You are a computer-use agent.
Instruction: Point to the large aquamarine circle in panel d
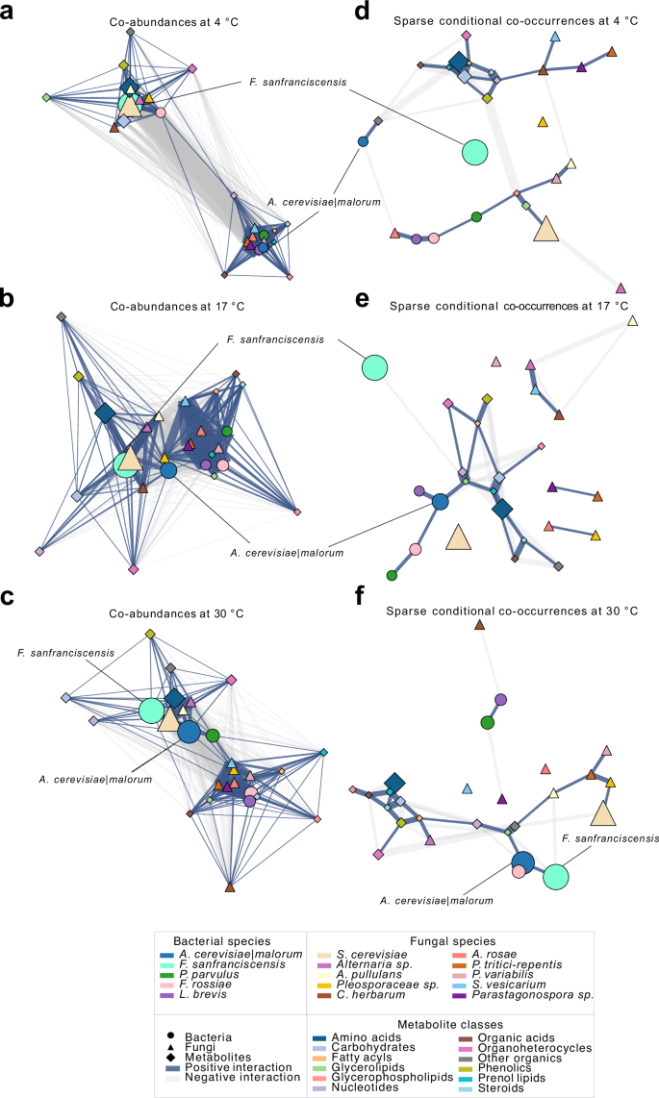pos(474,151)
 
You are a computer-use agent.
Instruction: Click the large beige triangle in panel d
pos(545,228)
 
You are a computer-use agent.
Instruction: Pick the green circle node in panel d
pos(476,216)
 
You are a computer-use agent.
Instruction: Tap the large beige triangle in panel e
pos(458,537)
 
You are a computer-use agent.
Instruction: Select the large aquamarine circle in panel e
pos(374,367)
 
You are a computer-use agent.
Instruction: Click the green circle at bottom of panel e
pos(392,575)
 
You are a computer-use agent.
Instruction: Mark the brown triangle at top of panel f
pos(480,626)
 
